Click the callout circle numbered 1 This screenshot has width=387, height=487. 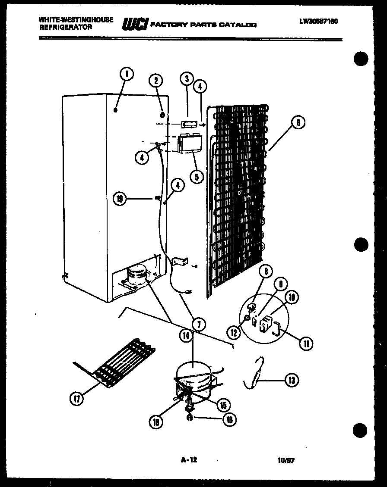pos(126,74)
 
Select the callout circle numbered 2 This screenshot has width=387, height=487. pos(156,80)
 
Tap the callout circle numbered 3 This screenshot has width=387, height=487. pos(187,79)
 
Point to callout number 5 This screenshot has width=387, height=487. pos(197,176)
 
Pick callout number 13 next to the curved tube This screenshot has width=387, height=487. pos(292,380)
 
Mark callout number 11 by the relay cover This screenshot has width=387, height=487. pos(306,343)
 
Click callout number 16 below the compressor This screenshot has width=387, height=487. pos(229,419)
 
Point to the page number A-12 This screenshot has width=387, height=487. pos(189,460)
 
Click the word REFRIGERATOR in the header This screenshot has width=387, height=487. pos(65,27)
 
